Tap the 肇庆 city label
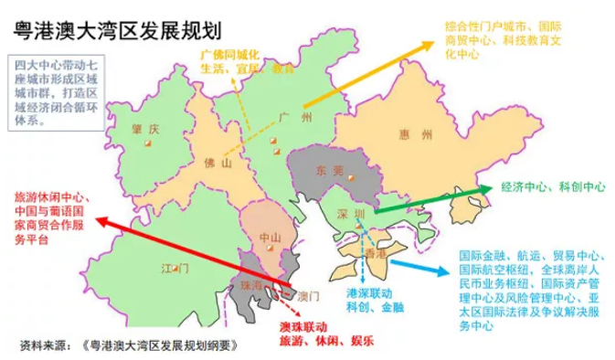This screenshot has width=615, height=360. point(145,127)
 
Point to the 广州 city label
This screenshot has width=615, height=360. point(298,118)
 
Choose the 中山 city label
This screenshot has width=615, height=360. point(270,238)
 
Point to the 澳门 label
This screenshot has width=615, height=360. point(309,296)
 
